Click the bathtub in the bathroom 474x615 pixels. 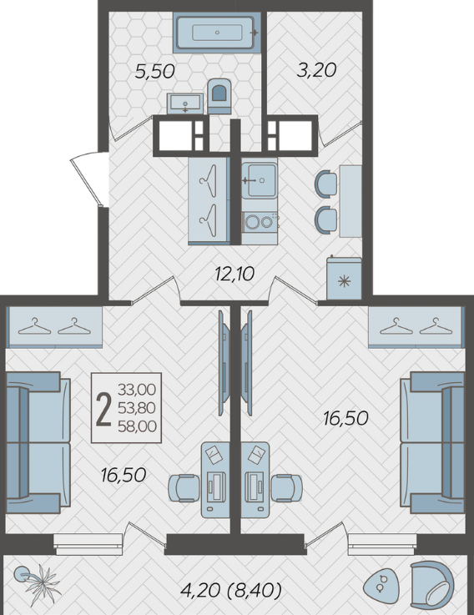[x=217, y=33]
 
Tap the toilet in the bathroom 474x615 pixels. [x=219, y=96]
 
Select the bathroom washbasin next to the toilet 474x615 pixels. [x=184, y=104]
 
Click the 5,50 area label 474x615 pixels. [x=154, y=72]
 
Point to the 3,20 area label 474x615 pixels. [x=316, y=70]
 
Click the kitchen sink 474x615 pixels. [x=260, y=180]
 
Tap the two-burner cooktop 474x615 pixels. [x=260, y=222]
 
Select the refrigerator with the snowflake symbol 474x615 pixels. [x=344, y=278]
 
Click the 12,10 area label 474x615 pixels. [x=234, y=274]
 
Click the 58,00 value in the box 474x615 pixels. [x=137, y=426]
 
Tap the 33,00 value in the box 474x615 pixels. [x=137, y=390]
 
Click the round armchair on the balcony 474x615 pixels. [x=432, y=582]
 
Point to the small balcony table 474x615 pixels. [x=381, y=584]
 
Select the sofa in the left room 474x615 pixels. [x=38, y=443]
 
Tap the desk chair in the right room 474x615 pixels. [x=287, y=488]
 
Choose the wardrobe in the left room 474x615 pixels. [x=54, y=327]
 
